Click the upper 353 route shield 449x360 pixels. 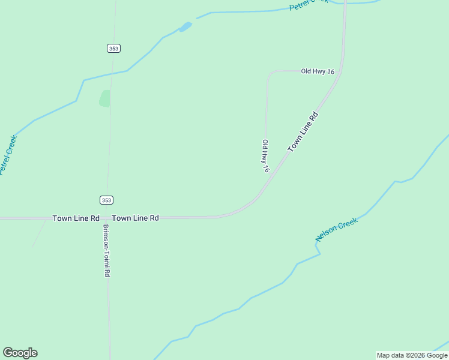coord(114,48)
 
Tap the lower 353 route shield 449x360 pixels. coord(106,200)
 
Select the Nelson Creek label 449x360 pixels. coord(337,230)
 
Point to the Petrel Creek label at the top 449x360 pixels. coord(309,5)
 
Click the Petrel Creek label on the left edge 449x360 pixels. coord(8,155)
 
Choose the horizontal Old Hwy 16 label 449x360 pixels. coord(318,71)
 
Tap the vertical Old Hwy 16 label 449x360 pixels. coord(265,156)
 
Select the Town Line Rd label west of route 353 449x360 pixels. coord(76,218)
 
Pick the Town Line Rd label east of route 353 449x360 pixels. coord(135,218)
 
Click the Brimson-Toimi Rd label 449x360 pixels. coord(106,251)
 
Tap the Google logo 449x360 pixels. coord(20,353)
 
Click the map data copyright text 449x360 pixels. coord(412,355)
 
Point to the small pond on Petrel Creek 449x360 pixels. coord(185,27)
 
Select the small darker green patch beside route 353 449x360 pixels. coord(105,98)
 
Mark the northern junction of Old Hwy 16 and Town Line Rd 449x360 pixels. coord(340,72)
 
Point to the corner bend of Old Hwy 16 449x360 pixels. coord(268,74)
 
